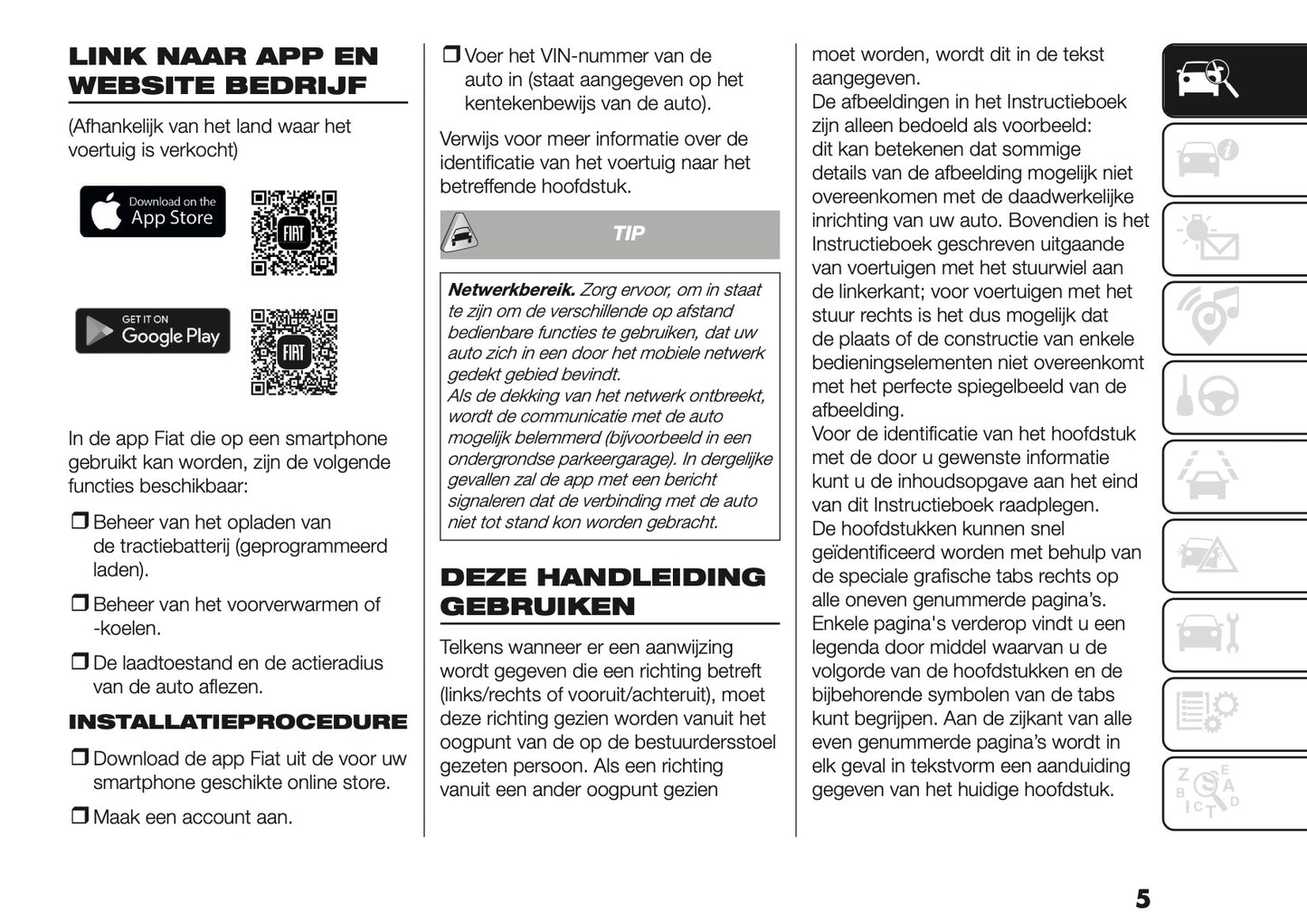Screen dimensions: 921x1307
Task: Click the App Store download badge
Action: [152, 212]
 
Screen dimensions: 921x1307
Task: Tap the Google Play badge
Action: [153, 331]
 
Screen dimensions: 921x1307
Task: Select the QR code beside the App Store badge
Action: [294, 233]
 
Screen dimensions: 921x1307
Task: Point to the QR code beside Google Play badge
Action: [294, 352]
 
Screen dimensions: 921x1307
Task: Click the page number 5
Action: [1142, 898]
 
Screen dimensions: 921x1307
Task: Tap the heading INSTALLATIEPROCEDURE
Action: [238, 722]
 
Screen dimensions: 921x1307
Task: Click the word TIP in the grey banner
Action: [629, 233]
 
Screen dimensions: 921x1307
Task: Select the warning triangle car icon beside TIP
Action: [460, 235]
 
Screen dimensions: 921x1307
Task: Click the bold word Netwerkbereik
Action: [511, 290]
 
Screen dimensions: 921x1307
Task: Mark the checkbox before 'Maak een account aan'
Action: [80, 816]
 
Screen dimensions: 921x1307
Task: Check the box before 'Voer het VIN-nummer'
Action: [451, 55]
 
